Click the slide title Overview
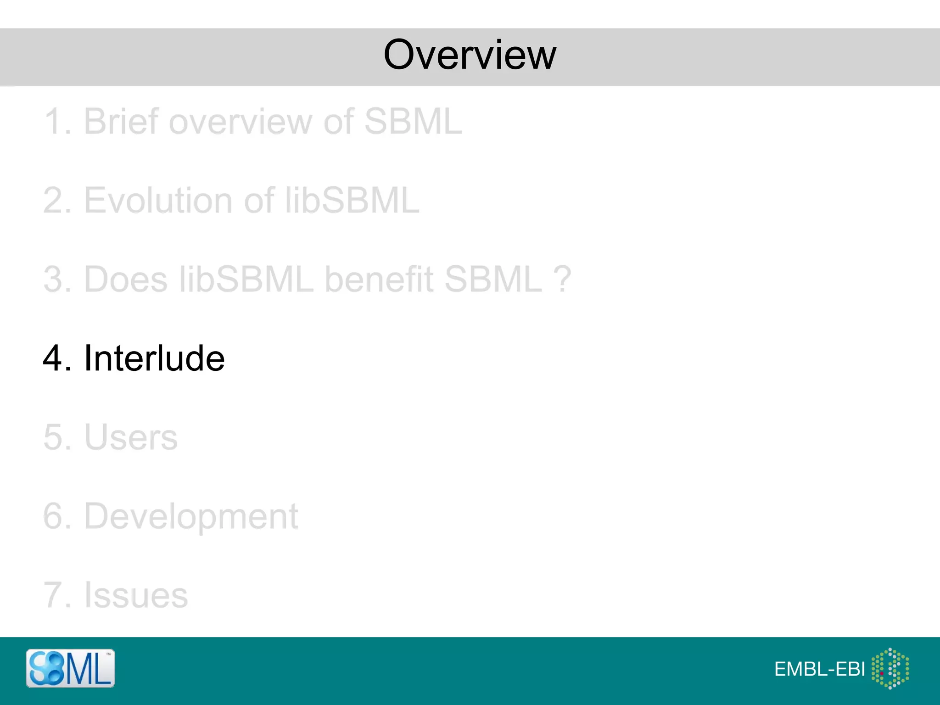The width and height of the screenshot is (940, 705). (470, 55)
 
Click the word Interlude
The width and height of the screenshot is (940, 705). (154, 358)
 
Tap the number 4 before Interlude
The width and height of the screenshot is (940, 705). (53, 358)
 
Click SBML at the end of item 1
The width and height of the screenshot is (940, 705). (413, 122)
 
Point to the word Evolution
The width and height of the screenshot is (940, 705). (158, 201)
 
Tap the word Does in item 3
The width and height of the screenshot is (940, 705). (126, 279)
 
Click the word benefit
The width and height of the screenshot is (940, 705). (379, 279)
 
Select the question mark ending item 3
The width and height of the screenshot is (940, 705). (562, 279)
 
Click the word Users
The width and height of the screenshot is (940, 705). (131, 437)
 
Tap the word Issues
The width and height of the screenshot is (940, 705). (136, 595)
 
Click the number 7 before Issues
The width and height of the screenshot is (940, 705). (52, 595)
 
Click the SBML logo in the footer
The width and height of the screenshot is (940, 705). (70, 668)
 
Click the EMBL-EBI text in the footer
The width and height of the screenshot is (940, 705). (819, 670)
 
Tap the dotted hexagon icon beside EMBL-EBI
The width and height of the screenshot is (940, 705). (890, 668)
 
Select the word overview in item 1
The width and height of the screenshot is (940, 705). (239, 122)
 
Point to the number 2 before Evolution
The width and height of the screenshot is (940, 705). (53, 201)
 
